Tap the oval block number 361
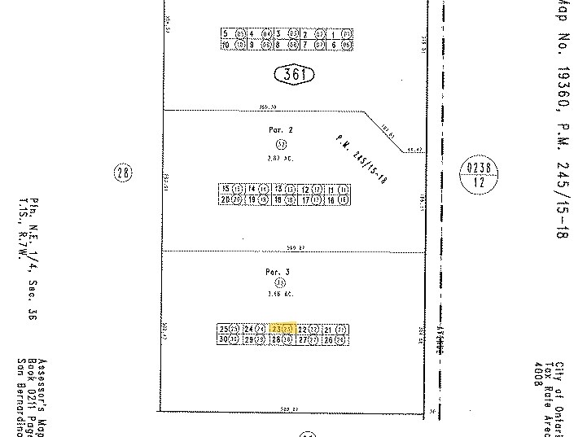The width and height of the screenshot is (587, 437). (293, 76)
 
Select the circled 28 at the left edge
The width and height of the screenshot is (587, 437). (122, 172)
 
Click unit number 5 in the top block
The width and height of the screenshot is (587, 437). (226, 33)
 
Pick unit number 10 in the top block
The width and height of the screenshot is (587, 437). (226, 45)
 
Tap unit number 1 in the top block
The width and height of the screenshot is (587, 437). (335, 33)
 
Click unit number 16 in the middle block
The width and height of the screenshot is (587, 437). (331, 199)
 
